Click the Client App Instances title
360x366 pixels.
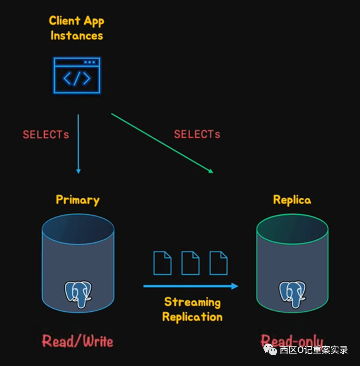77,28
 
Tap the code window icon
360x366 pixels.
77,76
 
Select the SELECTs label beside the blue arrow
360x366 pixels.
46,134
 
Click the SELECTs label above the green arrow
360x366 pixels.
197,134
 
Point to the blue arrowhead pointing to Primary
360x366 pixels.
79,171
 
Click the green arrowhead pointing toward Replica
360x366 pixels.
211,171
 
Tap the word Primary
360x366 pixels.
77,200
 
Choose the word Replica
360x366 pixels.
292,200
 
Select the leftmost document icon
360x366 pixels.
162,263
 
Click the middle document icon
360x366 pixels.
190,263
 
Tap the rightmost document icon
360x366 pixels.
218,263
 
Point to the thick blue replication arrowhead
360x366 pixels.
234,286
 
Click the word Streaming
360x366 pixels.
192,302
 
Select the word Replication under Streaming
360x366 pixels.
192,317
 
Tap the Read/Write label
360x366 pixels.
77,341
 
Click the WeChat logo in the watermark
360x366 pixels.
270,350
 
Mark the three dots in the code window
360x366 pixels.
89,62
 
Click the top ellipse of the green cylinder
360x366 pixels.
292,230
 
